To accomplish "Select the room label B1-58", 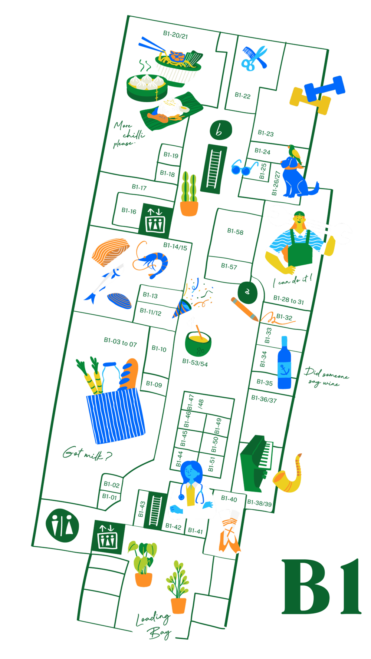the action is pos(235,232).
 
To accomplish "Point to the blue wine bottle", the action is pos(284,362).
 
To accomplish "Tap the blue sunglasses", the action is pos(244,167).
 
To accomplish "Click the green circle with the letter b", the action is pos(221,130).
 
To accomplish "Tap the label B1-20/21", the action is pos(175,35).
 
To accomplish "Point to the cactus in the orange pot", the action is pos(189,194).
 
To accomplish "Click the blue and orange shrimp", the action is pos(151,259).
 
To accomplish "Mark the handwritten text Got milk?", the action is pos(87,453).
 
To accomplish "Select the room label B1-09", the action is pos(154,384).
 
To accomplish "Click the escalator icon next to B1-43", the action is pos(155,510).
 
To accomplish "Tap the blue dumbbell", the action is pos(325,88).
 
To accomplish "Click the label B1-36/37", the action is pos(264,399).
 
